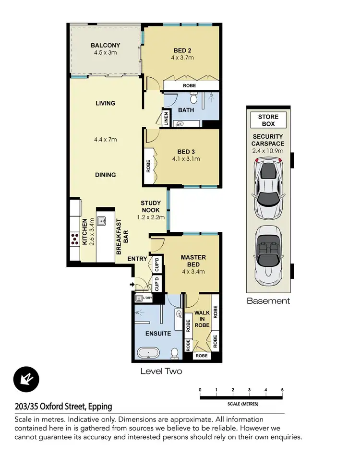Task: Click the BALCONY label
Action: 105,45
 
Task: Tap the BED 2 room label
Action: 182,50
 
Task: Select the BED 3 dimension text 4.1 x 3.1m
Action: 186,159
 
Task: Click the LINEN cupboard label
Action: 166,119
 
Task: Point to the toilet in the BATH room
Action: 194,98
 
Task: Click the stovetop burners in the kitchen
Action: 75,239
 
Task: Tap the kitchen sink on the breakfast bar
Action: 102,221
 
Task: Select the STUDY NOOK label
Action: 151,206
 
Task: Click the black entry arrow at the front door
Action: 132,284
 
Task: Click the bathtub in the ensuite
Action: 148,353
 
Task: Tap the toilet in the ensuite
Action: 174,353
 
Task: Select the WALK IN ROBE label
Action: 202,319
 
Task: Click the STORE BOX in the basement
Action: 268,120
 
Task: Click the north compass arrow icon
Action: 26,379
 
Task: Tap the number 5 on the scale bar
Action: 282,390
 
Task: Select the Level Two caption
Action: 161,371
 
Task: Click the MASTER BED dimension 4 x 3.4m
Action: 193,272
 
